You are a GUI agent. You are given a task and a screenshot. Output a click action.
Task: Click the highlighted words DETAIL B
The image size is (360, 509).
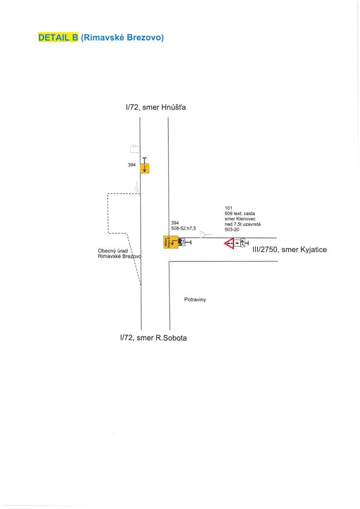point(58,38)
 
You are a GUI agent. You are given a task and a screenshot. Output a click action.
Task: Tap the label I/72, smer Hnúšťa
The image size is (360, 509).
point(155,106)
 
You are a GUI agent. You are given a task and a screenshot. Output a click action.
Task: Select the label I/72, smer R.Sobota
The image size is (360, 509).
point(153,338)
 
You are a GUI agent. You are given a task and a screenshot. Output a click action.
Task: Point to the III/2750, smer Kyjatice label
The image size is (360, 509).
point(290,250)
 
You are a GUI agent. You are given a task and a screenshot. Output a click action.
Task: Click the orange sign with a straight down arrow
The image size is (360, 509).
point(145,168)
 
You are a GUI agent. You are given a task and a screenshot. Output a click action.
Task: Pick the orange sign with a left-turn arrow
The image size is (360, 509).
point(171,242)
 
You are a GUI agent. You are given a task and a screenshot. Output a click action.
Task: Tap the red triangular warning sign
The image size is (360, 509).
point(229,243)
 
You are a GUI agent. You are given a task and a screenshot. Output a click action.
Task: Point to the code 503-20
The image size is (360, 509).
point(232,229)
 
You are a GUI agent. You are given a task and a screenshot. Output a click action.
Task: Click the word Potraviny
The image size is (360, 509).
point(195,300)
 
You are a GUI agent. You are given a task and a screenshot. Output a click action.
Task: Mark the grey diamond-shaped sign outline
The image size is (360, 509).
point(137,188)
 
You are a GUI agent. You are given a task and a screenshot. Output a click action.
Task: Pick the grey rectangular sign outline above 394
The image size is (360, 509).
point(134,148)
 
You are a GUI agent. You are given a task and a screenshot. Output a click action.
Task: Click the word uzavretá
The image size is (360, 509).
point(251,224)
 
